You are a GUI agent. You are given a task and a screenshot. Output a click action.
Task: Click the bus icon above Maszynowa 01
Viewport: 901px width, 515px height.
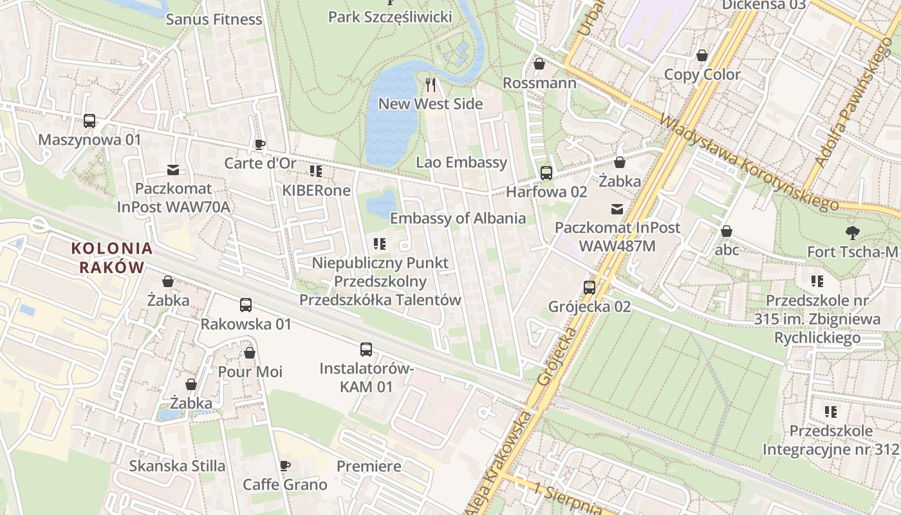(x=89, y=120)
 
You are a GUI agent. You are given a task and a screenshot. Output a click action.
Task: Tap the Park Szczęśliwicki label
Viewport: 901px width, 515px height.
(x=390, y=17)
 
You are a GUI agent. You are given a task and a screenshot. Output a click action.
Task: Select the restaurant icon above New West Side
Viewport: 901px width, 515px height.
(x=431, y=84)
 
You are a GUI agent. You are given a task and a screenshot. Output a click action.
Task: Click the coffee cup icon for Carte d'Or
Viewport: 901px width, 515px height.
(x=260, y=144)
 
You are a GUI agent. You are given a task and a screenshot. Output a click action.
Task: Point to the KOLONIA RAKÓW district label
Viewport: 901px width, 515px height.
(x=112, y=257)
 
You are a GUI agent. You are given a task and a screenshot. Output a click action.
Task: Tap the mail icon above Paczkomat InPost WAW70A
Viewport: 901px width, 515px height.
(x=173, y=170)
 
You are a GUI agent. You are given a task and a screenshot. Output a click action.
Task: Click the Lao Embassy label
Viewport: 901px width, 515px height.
(x=461, y=162)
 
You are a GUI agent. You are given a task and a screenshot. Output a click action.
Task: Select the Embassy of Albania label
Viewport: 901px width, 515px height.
(x=458, y=218)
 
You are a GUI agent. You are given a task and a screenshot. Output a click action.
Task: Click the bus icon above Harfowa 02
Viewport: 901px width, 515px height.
(x=546, y=173)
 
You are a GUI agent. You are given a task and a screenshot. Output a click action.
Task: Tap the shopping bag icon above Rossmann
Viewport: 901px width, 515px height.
(x=539, y=64)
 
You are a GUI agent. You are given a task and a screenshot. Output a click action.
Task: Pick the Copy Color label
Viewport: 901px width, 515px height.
(x=702, y=74)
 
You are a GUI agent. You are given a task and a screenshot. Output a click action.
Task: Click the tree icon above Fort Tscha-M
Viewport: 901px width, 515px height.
(x=853, y=232)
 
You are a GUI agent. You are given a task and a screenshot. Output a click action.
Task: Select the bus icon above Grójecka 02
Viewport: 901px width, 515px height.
(x=590, y=287)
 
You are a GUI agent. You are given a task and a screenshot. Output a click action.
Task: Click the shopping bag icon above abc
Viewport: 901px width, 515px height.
(x=727, y=231)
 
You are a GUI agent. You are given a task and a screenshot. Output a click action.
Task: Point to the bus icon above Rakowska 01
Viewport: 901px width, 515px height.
(x=246, y=305)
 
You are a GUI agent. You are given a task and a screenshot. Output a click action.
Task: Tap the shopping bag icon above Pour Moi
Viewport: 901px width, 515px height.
(x=250, y=353)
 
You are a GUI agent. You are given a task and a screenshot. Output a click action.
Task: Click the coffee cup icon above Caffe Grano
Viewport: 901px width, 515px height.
(x=285, y=465)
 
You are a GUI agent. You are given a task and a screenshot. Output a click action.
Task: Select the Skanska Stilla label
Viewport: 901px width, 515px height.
(x=177, y=465)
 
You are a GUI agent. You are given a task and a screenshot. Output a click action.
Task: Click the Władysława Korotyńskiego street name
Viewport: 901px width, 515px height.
(x=750, y=162)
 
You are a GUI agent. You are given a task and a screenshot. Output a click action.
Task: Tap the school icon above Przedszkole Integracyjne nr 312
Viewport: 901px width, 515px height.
(x=831, y=411)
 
